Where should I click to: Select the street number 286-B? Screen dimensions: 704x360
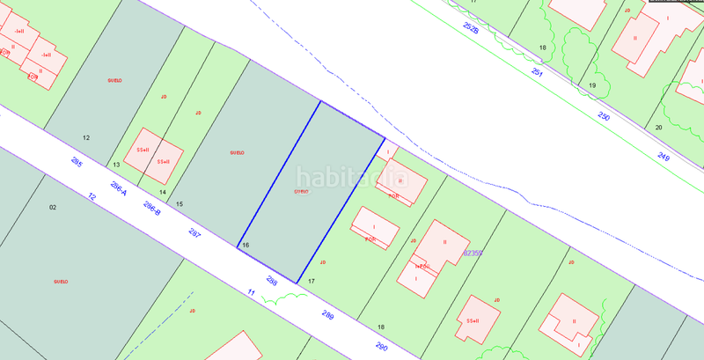(151, 209)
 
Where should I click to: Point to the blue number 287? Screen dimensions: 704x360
(194, 233)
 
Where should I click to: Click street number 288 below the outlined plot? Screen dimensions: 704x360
(272, 282)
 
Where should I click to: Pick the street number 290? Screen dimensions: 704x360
(381, 347)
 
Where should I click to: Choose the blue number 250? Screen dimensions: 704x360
(604, 116)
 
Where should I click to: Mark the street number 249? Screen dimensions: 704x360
(664, 158)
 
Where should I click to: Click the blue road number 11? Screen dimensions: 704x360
(251, 292)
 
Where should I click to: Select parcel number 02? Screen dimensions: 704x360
(53, 207)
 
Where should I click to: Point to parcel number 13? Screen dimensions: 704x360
(116, 165)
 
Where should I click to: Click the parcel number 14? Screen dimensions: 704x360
(163, 192)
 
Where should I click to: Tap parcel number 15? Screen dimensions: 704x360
(180, 204)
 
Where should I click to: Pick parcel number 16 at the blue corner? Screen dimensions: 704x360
(246, 245)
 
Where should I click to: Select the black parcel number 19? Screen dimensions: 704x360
(592, 85)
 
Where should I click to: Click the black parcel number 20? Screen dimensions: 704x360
(658, 128)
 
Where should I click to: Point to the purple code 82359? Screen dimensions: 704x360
(473, 253)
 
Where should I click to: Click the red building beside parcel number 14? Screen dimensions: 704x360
(153, 156)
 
